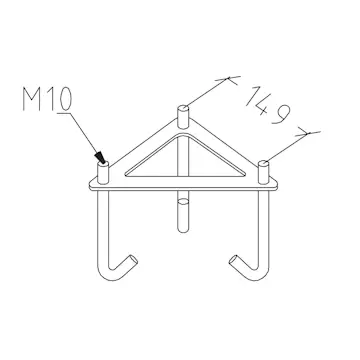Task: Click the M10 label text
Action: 47,99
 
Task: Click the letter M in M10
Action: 31,99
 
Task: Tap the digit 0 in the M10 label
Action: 66,99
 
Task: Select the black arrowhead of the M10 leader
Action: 100,158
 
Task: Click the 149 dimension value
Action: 269,105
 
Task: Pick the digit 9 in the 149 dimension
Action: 282,114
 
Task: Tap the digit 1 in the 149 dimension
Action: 253,96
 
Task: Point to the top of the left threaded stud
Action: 103,164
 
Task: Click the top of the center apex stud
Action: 183,108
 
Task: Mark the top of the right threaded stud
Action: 264,163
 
